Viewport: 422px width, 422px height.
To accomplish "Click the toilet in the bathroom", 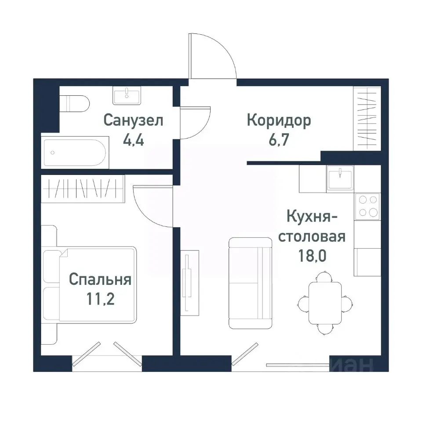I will click(x=75, y=104).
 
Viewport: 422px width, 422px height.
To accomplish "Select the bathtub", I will click(x=74, y=152).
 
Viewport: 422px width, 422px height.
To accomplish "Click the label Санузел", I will click(x=133, y=120).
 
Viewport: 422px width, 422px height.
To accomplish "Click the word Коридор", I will click(x=279, y=120).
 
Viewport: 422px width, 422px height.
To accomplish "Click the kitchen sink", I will click(x=340, y=178).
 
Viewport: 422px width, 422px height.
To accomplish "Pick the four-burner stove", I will click(x=368, y=206).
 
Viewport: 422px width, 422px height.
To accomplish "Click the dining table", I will click(x=325, y=302).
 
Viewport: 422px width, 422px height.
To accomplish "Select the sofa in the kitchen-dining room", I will click(x=250, y=283).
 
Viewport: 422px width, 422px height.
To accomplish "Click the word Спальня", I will click(x=100, y=280).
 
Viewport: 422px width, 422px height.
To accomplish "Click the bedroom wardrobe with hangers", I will click(x=84, y=189).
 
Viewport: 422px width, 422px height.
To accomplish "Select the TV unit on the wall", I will click(x=189, y=282).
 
